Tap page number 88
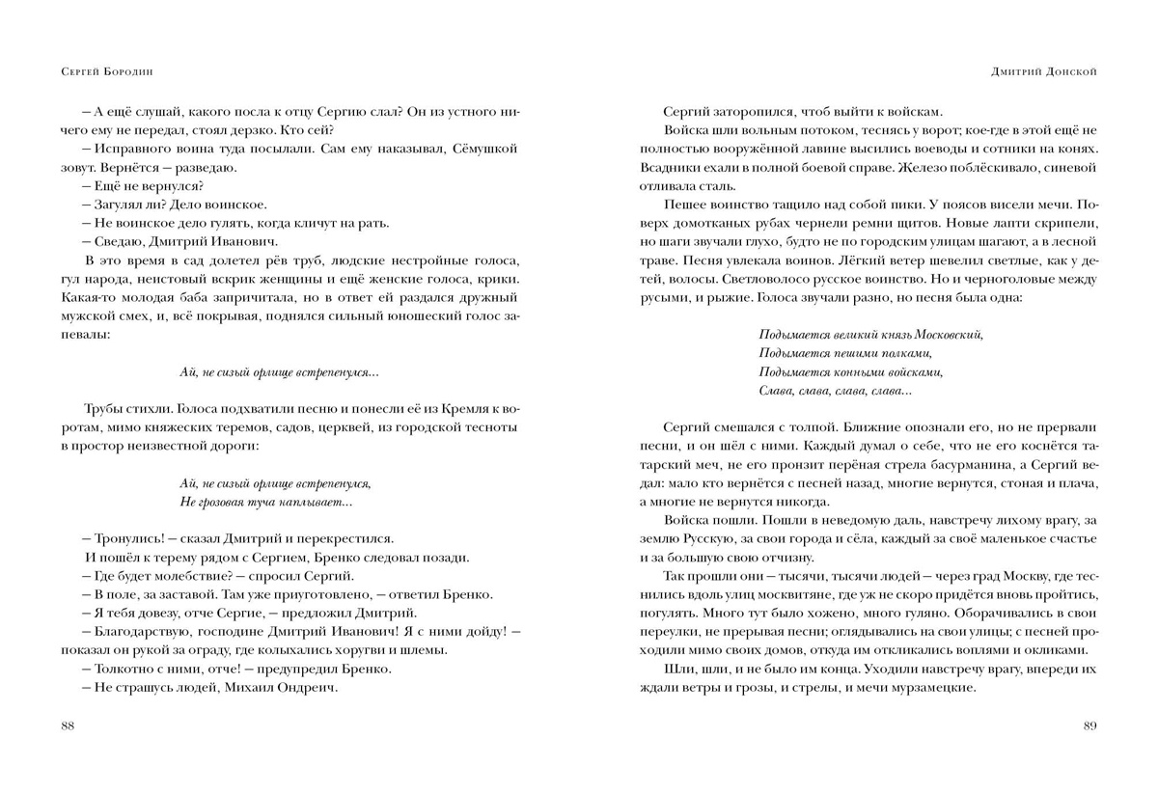point(67,725)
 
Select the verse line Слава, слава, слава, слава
point(835,391)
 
